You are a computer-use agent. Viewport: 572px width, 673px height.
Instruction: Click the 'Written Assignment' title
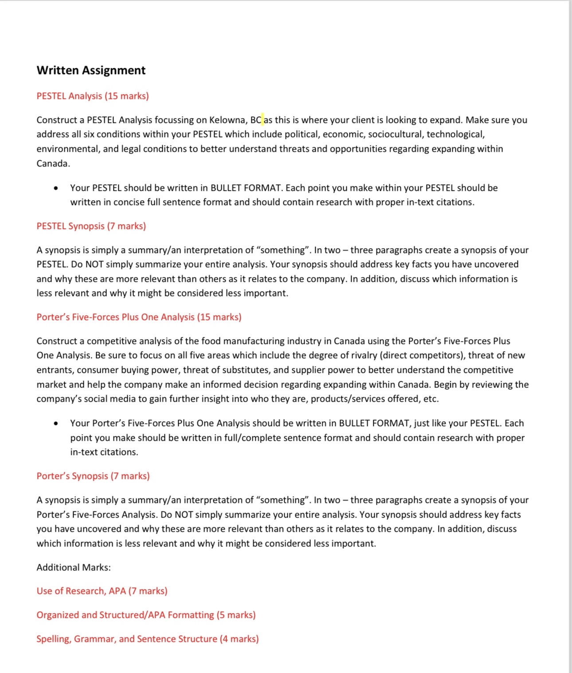click(91, 70)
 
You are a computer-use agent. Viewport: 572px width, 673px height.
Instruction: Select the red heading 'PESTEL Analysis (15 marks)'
click(93, 96)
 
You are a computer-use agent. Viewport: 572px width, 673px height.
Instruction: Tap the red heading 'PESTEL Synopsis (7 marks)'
click(91, 226)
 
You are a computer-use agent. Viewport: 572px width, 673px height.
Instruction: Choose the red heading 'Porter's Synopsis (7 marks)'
click(93, 476)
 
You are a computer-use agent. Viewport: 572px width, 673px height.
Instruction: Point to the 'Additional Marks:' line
click(74, 567)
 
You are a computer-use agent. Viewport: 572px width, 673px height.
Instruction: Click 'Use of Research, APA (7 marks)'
click(102, 591)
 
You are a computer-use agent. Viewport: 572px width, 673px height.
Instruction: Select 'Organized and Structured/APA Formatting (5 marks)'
click(146, 615)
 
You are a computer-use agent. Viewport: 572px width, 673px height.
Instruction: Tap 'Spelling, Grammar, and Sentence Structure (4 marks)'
click(148, 639)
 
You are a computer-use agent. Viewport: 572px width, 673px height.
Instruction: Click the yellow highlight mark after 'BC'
click(262, 119)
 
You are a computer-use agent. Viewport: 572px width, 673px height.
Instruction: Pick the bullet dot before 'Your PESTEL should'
click(55, 188)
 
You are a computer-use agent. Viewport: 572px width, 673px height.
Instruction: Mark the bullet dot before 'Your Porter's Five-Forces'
click(55, 424)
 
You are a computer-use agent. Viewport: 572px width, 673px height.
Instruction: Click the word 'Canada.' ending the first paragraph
click(53, 163)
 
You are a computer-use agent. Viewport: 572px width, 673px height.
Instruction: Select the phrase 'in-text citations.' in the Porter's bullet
click(104, 452)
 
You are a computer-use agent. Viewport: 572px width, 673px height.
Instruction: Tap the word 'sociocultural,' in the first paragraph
click(396, 134)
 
